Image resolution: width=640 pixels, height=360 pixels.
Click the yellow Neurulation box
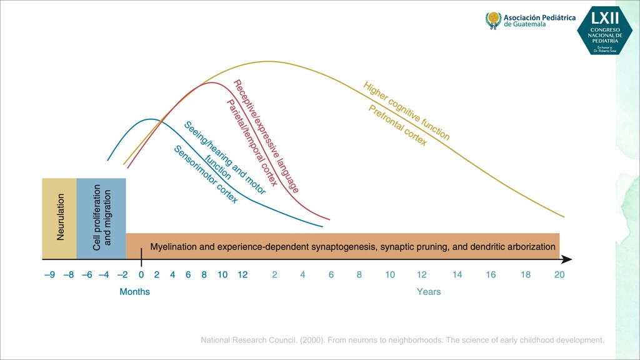59,218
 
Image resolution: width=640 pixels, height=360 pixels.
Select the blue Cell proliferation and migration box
101,218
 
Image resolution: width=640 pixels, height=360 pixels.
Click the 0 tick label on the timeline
141,274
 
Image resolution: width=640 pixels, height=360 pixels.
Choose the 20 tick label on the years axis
559,274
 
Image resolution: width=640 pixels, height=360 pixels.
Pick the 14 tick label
457,274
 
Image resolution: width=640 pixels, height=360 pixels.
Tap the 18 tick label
525,274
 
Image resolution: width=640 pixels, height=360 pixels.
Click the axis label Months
135,292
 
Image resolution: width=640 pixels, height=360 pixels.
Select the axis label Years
429,292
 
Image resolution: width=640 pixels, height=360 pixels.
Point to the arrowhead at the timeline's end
566,259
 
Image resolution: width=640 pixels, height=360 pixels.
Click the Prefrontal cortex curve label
397,126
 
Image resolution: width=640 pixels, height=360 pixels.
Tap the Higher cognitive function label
406,111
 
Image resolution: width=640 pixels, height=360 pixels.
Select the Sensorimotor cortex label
206,174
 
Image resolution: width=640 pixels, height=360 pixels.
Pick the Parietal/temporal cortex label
252,143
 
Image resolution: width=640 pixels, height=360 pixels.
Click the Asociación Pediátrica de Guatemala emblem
494,20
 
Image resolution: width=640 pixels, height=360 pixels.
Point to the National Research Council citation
402,341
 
